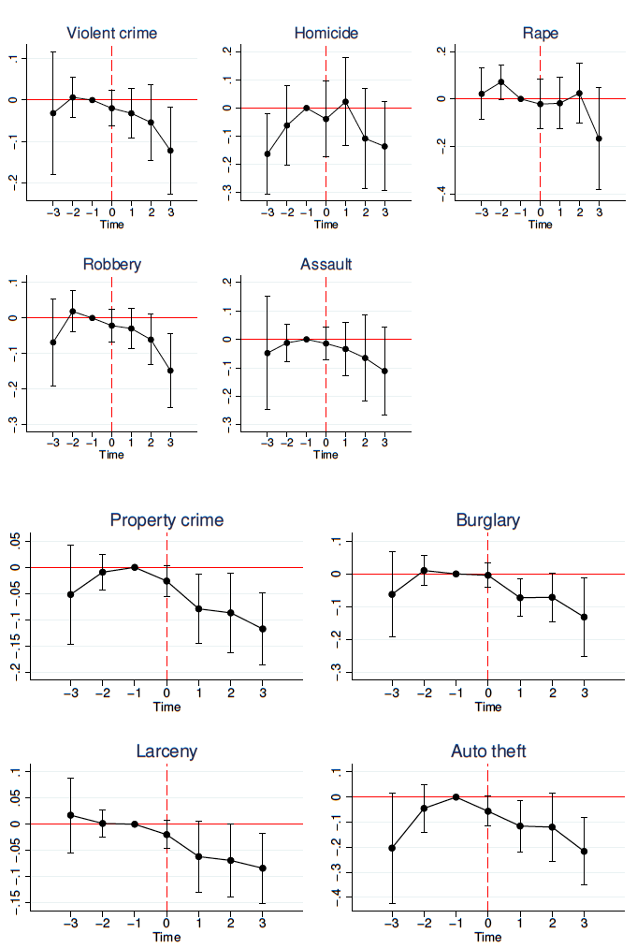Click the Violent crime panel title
point(111,34)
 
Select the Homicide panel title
point(326,34)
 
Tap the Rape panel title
point(540,34)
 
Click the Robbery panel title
point(111,265)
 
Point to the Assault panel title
point(326,265)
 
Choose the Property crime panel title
point(166,520)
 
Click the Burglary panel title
point(487,520)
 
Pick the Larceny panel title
point(166,751)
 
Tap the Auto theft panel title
point(487,751)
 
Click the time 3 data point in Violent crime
point(170,151)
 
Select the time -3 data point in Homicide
point(268,153)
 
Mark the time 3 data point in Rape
point(599,139)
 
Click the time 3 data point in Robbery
point(170,371)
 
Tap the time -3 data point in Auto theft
point(392,848)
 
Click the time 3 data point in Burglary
point(584,617)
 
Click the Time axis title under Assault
point(326,455)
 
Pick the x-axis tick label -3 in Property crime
point(69,693)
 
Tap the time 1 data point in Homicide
point(345,101)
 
